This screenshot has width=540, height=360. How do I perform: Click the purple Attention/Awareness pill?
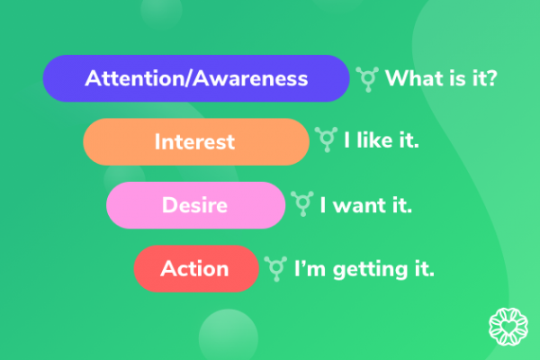tap(196, 78)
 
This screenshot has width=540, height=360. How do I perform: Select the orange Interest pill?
tap(195, 141)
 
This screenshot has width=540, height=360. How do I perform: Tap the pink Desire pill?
tap(194, 204)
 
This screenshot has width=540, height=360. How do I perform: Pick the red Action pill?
tap(195, 268)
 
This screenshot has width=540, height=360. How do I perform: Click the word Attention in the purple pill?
tap(128, 78)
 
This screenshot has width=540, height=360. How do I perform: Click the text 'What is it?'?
tap(441, 78)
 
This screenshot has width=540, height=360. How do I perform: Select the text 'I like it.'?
tap(382, 141)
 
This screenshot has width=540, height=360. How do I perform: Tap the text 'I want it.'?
tap(366, 204)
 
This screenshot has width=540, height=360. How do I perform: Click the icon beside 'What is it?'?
tap(366, 78)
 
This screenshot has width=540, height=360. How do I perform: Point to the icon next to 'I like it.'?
tap(326, 141)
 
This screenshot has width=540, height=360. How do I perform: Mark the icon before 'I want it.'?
tap(302, 204)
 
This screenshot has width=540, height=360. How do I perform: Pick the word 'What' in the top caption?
tap(413, 78)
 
